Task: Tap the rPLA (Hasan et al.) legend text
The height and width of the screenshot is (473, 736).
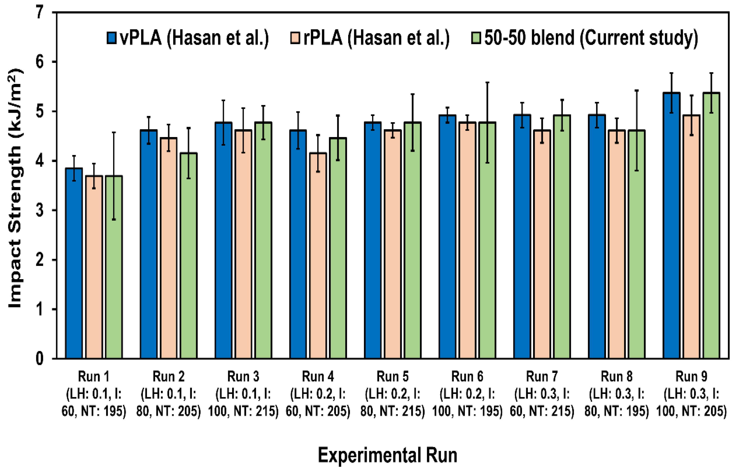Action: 376,38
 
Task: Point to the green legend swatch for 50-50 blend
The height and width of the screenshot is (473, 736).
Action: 476,38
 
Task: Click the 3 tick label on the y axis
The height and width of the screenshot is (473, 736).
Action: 40,211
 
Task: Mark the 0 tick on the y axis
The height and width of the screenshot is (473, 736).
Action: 40,359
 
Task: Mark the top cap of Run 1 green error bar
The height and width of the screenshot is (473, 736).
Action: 114,132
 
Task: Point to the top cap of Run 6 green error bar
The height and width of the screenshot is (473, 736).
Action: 487,82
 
